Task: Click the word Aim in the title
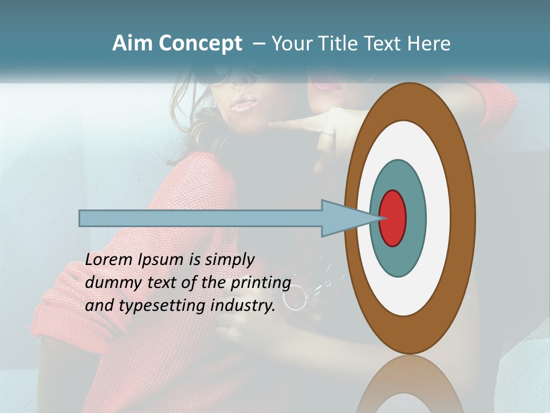133,44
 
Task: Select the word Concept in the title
201,44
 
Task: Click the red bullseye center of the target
392,219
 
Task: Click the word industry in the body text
242,306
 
